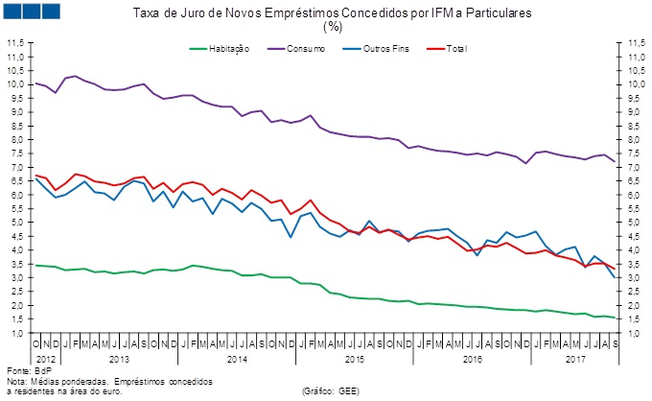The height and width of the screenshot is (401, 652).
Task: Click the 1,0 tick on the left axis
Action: (15, 333)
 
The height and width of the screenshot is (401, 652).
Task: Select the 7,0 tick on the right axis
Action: (636, 168)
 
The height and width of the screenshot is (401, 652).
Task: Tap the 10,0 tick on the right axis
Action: (636, 85)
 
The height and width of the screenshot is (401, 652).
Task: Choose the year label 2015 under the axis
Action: (353, 357)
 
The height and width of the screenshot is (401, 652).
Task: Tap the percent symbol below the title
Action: (333, 26)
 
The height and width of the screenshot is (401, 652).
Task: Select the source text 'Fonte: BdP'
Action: (29, 370)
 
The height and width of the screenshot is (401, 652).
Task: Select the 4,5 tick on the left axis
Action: (15, 237)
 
